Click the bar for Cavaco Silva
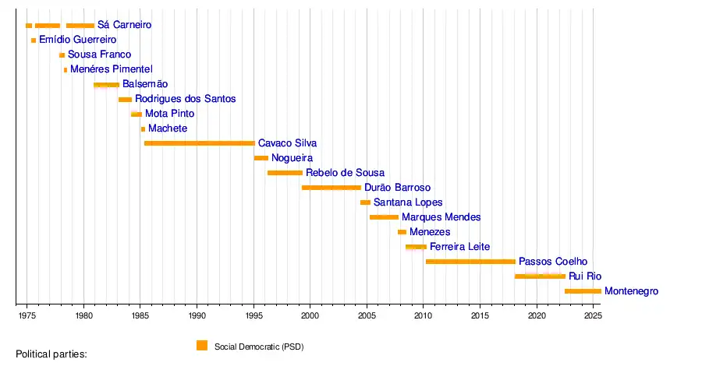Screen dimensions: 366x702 tap(199, 143)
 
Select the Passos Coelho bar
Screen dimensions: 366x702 tap(470, 262)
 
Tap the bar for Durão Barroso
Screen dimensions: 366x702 tap(331, 188)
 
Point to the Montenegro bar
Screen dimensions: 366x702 tap(583, 291)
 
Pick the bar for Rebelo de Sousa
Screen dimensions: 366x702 tap(285, 173)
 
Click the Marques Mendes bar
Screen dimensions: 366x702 tap(384, 217)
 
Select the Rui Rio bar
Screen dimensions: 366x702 tap(540, 276)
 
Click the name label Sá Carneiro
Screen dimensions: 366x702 tap(124, 25)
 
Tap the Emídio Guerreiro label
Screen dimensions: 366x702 tap(77, 40)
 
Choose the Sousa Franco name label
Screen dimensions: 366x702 tap(99, 55)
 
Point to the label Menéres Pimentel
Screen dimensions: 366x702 tap(105, 69)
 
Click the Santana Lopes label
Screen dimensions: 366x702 tap(408, 202)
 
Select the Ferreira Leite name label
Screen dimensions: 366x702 tap(459, 247)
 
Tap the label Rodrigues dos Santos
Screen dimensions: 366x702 tap(185, 99)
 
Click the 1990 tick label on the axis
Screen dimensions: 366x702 tap(197, 316)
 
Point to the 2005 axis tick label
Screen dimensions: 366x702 tap(367, 316)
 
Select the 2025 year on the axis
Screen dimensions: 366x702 tap(593, 316)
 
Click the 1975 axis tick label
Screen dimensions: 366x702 tap(27, 316)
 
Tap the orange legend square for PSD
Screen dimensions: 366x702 tap(202, 346)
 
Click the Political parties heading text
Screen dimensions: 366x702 tap(51, 354)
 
